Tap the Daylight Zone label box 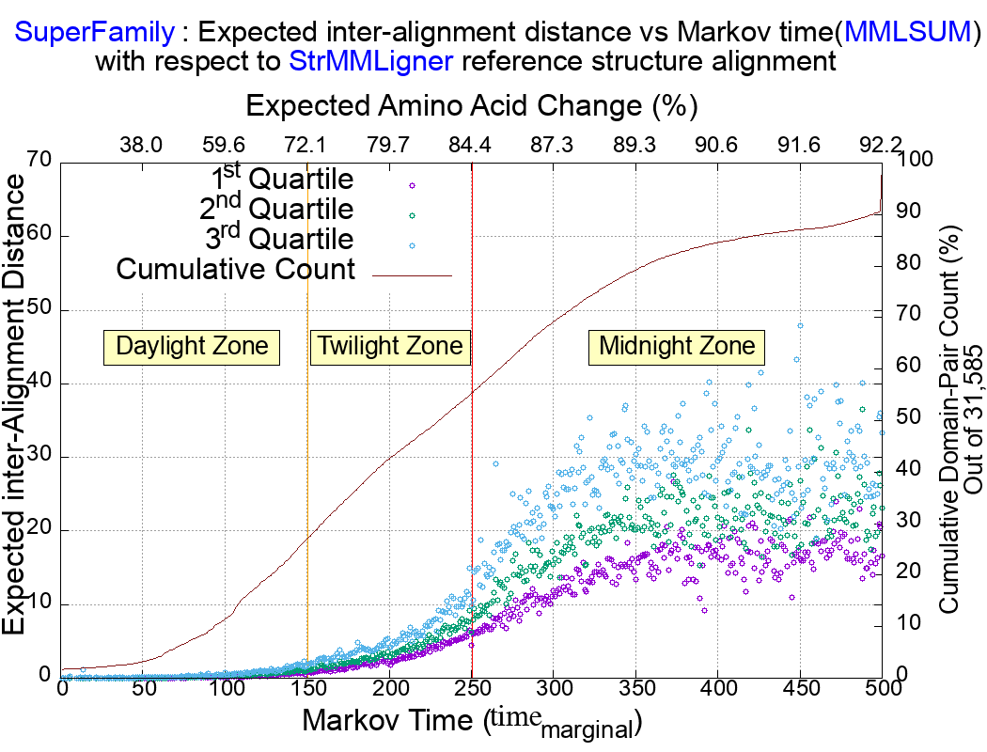click(192, 346)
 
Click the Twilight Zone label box click(389, 346)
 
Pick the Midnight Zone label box click(677, 346)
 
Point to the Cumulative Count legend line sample click(413, 274)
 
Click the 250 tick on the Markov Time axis click(471, 689)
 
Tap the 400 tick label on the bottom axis click(718, 689)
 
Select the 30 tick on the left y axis click(39, 458)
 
